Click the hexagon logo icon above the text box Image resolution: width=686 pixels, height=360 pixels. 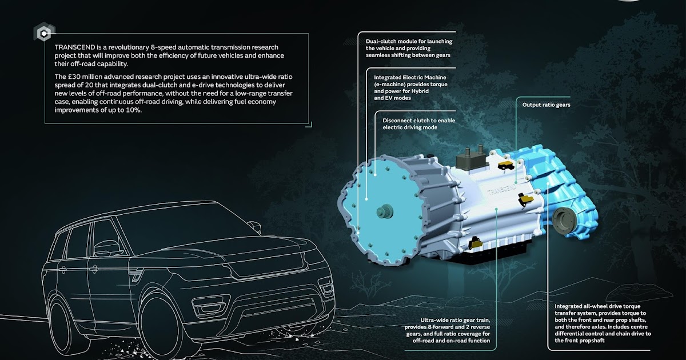pyautogui.click(x=42, y=33)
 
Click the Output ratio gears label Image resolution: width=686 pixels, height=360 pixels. pyautogui.click(x=546, y=105)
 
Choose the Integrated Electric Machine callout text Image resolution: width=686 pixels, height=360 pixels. pyautogui.click(x=410, y=87)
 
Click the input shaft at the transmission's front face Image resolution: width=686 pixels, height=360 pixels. pyautogui.click(x=382, y=212)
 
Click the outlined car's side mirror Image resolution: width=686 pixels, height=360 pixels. pyautogui.click(x=105, y=249)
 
